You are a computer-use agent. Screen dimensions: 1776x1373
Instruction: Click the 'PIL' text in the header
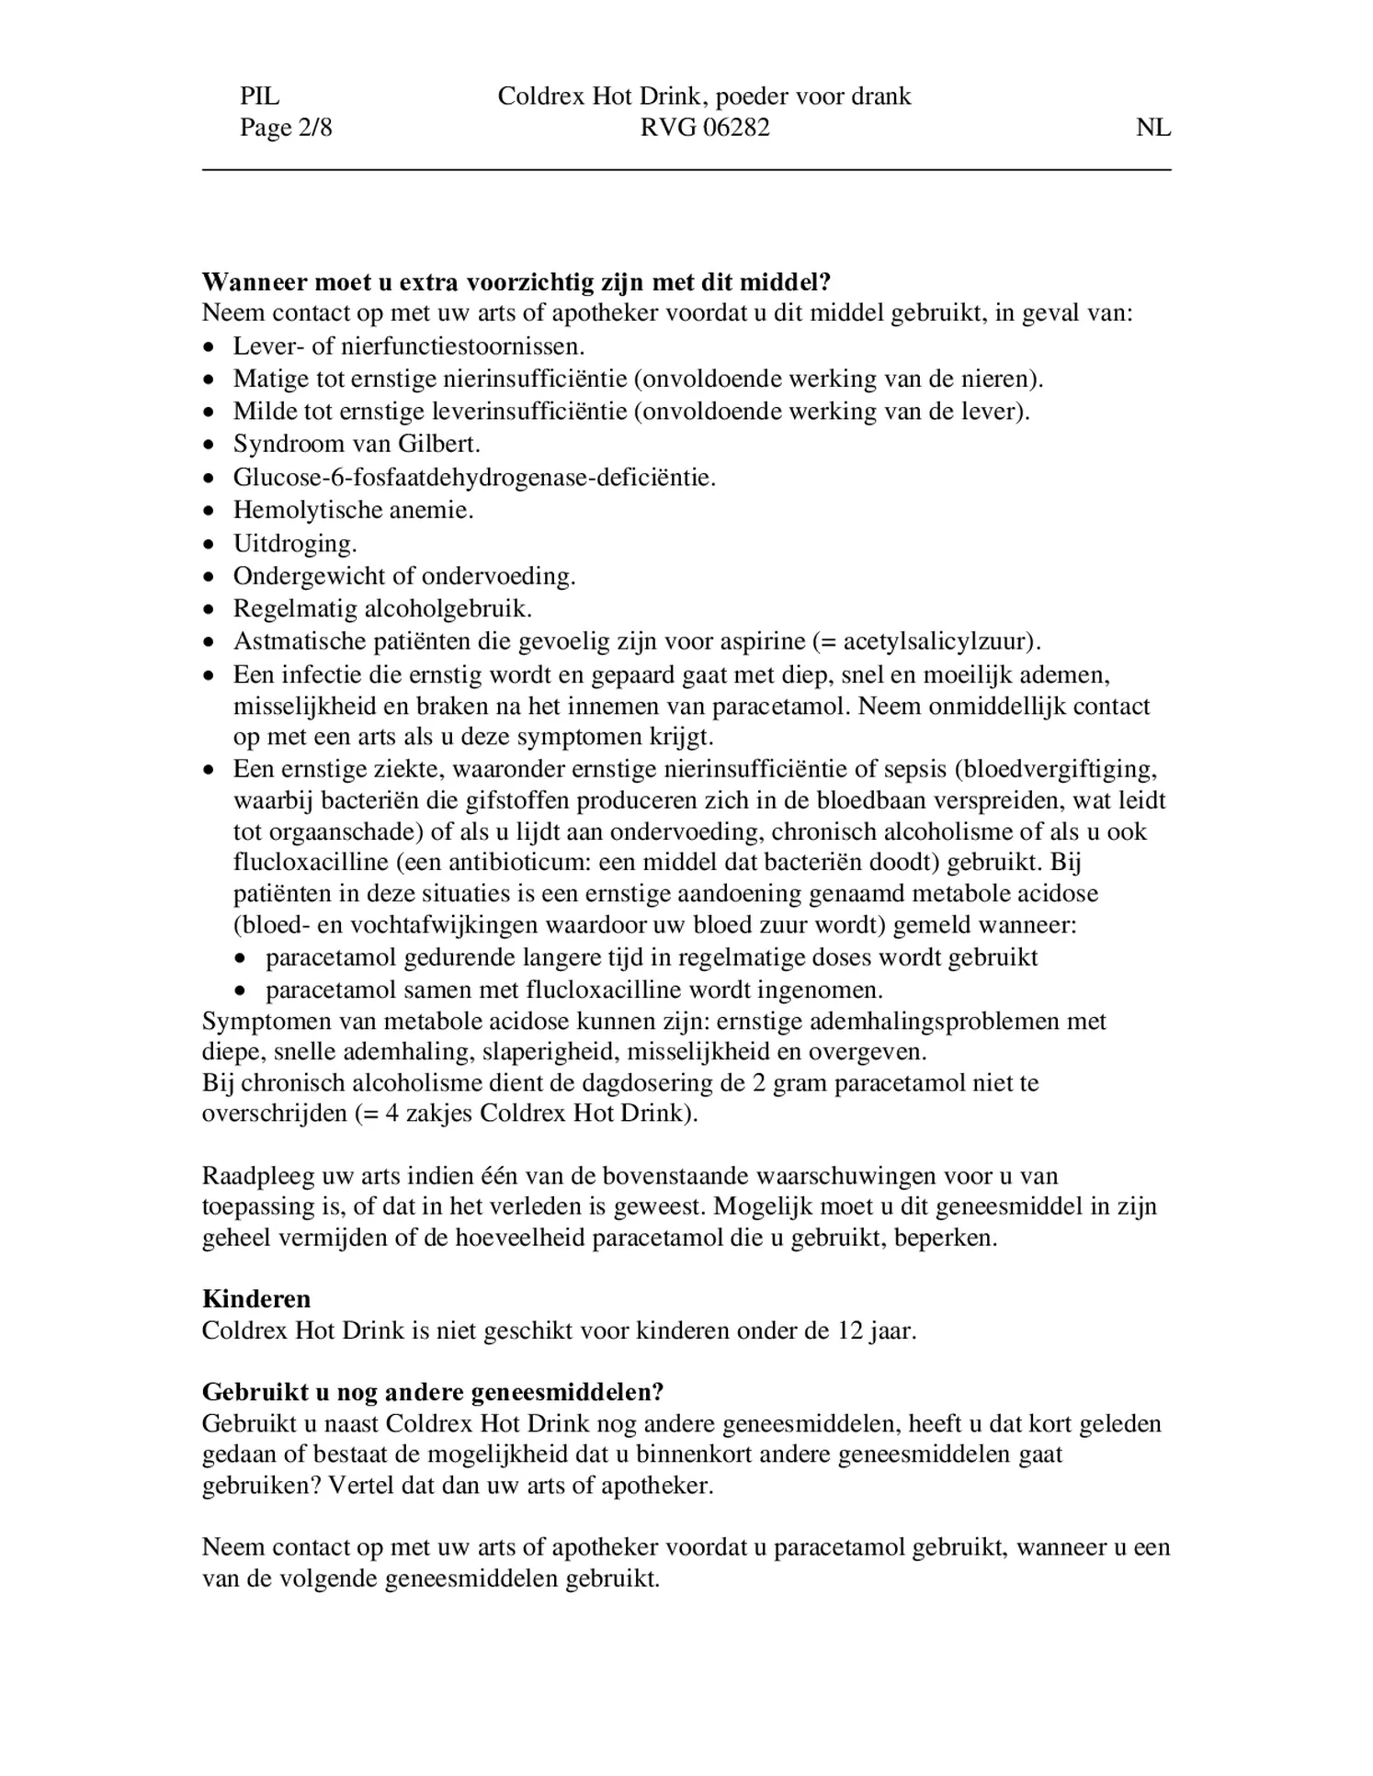tap(259, 96)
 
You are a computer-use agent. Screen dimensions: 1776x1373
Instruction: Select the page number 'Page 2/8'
tap(286, 128)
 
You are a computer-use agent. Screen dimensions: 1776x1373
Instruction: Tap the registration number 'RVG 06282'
tap(705, 128)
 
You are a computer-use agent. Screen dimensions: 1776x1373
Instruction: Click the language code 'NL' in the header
tap(1152, 128)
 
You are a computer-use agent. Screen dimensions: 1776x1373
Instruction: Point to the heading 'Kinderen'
tap(256, 1299)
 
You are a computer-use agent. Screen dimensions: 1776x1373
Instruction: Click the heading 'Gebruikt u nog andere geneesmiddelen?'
tap(432, 1392)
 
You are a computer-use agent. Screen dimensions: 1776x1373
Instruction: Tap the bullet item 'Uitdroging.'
tap(295, 544)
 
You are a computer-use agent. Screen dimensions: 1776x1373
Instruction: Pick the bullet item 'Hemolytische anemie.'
tap(353, 511)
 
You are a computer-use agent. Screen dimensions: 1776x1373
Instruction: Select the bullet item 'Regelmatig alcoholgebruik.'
tap(382, 609)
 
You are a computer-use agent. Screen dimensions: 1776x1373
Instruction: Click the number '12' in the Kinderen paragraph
tap(849, 1331)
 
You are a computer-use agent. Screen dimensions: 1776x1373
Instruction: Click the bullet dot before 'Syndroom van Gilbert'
tap(211, 446)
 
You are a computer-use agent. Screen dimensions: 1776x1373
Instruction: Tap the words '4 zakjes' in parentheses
tap(423, 1114)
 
